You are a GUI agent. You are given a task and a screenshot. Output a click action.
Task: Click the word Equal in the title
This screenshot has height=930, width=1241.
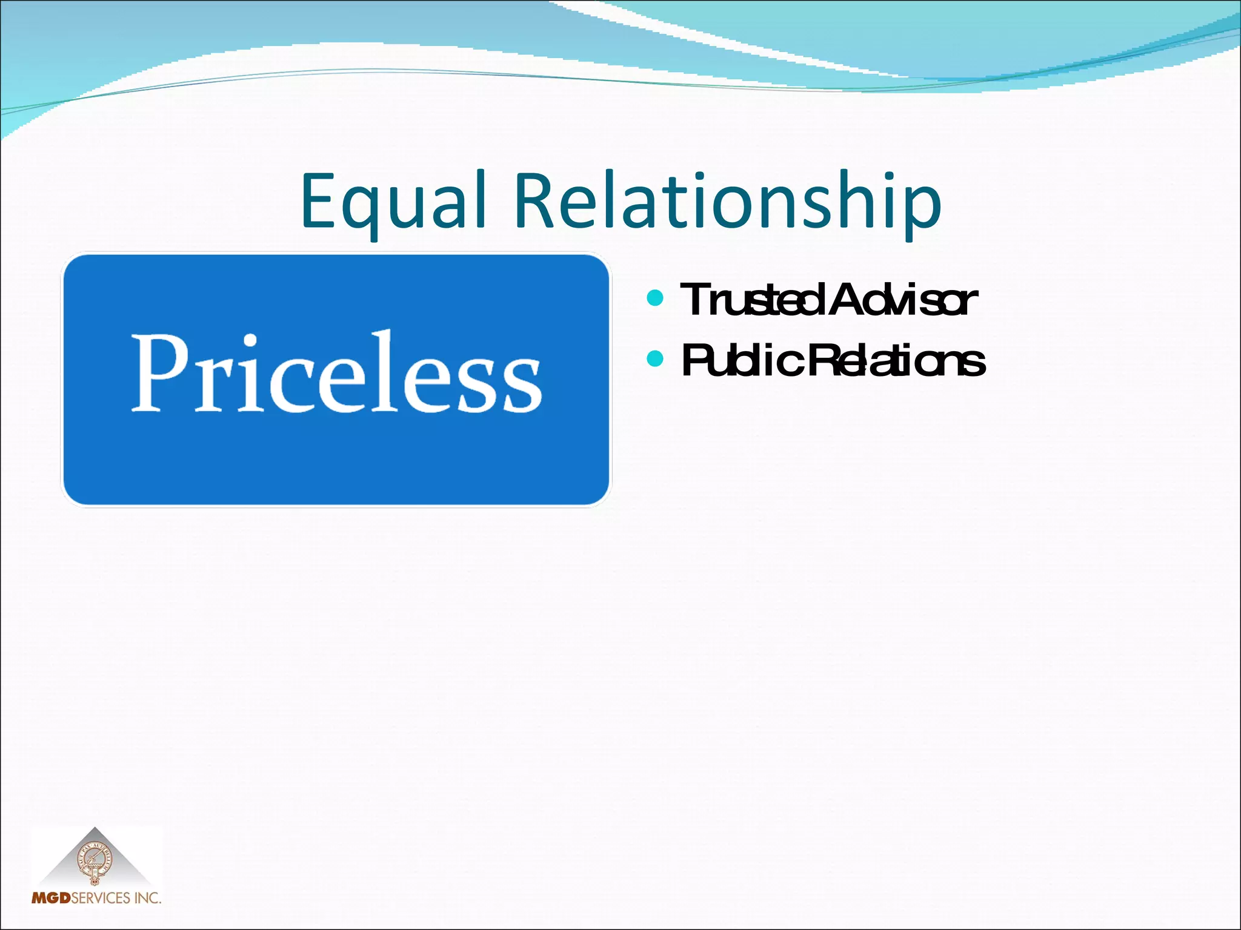pyautogui.click(x=393, y=202)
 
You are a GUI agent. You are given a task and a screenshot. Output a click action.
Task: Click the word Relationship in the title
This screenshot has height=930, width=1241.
pyautogui.click(x=727, y=202)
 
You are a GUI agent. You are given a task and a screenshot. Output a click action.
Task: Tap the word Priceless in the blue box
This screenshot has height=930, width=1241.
pyautogui.click(x=336, y=374)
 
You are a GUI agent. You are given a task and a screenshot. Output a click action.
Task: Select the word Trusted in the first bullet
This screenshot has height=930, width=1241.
pyautogui.click(x=751, y=300)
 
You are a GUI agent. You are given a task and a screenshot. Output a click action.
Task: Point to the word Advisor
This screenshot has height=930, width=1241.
pyautogui.click(x=903, y=300)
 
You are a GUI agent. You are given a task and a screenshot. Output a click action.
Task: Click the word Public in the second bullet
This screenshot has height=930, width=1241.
pyautogui.click(x=742, y=361)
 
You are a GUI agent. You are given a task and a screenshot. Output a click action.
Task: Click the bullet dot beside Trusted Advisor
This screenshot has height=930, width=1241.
pyautogui.click(x=655, y=298)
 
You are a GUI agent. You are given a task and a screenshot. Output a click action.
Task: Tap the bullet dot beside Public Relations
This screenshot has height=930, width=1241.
pyautogui.click(x=655, y=358)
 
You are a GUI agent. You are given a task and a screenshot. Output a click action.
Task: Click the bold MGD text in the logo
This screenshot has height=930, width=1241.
pyautogui.click(x=51, y=897)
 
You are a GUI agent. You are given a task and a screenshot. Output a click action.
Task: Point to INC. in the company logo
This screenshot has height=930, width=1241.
pyautogui.click(x=148, y=897)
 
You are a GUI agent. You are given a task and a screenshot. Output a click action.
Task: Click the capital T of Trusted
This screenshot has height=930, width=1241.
pyautogui.click(x=696, y=300)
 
